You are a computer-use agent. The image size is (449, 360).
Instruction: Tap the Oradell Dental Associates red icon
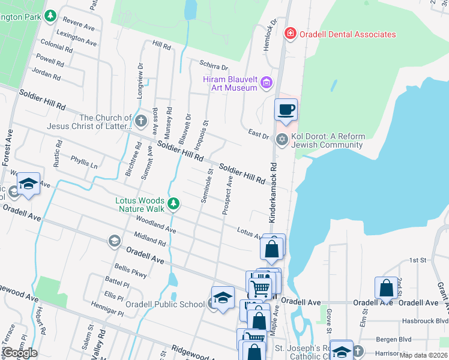coord(291,33)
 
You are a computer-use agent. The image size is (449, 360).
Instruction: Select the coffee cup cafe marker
coord(286,110)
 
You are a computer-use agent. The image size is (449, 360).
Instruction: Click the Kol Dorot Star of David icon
coord(282,140)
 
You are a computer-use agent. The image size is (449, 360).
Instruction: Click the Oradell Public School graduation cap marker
coord(223,298)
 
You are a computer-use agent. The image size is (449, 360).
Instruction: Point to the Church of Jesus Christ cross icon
coord(141,122)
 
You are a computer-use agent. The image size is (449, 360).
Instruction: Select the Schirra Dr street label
coord(214,67)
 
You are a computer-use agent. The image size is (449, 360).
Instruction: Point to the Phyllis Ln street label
coord(83,162)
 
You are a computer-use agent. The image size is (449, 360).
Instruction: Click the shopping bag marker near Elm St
coord(386,289)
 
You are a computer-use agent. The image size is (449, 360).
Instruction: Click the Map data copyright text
coord(423,355)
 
